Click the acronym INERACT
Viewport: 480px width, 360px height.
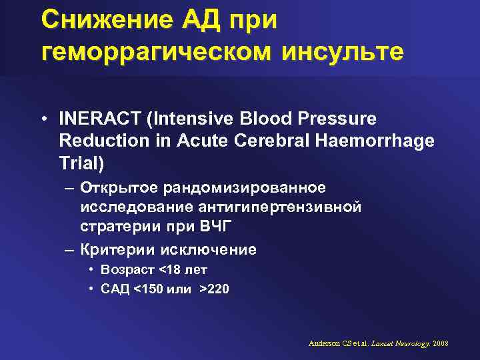[95, 119]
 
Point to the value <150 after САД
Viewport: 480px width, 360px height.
[147, 290]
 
